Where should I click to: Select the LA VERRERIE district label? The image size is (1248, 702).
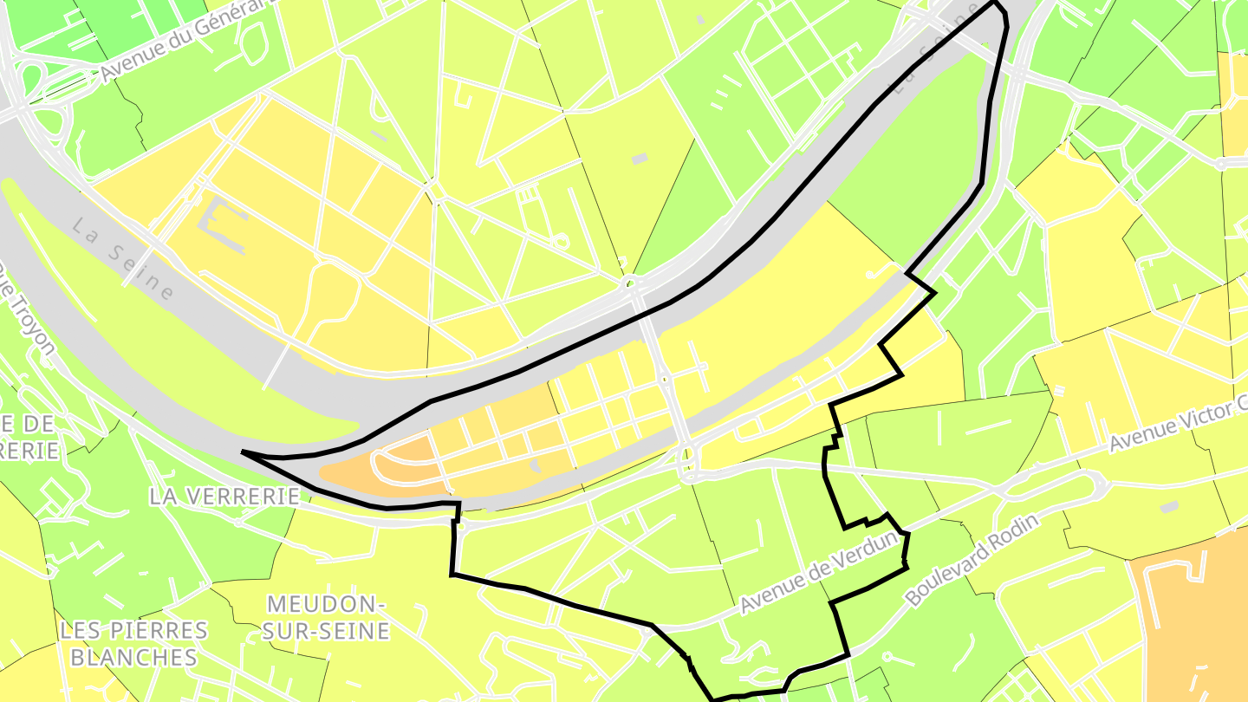[x=224, y=496]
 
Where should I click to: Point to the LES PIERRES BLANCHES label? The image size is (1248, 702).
[x=133, y=643]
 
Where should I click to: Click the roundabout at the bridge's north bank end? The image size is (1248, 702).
[x=633, y=283]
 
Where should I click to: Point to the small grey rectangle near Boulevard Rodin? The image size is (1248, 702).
[x=1169, y=505]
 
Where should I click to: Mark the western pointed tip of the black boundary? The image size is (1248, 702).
[x=243, y=452]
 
